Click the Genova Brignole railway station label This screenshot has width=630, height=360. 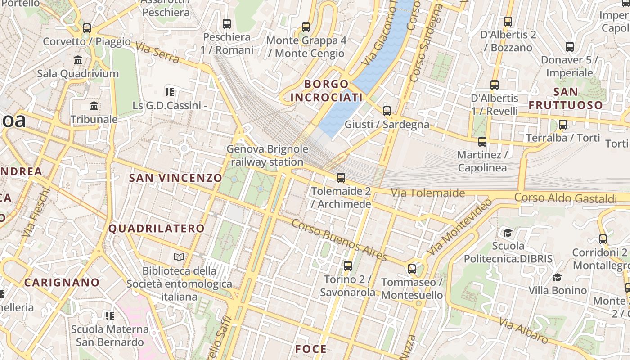[267, 155]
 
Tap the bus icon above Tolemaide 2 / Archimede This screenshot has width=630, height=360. [341, 178]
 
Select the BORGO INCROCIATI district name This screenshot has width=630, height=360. [327, 90]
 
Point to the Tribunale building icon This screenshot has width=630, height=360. [94, 106]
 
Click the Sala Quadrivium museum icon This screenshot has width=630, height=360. [78, 60]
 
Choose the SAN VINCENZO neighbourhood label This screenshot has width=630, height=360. [175, 178]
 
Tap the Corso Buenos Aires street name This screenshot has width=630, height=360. [339, 240]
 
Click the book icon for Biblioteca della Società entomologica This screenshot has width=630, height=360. [179, 257]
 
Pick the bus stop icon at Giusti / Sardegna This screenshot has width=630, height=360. [387, 111]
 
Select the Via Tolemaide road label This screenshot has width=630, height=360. [427, 193]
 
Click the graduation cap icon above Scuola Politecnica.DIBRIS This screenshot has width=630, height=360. [508, 233]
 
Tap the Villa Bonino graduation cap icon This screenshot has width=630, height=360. [558, 277]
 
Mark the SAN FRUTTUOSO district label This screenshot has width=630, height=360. [566, 99]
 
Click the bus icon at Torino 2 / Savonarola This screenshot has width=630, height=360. [347, 266]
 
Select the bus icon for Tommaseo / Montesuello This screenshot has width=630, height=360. [412, 269]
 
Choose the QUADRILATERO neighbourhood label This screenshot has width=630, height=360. [157, 228]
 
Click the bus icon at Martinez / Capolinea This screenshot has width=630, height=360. [482, 142]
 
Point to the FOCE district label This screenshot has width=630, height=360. [311, 349]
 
